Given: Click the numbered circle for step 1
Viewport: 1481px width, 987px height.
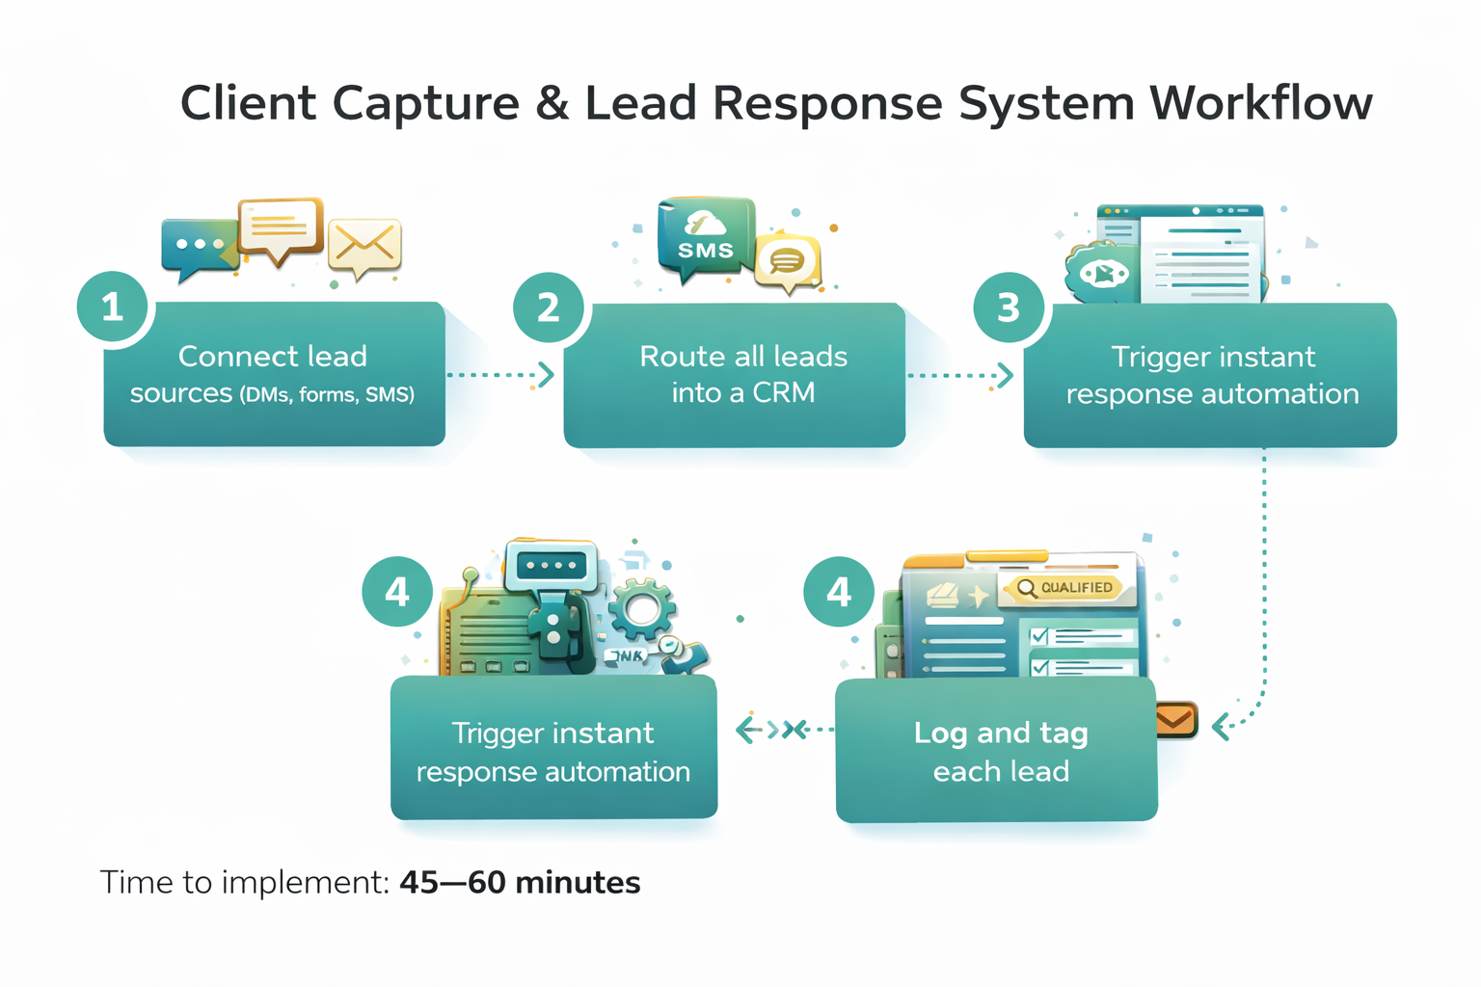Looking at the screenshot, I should coord(113,307).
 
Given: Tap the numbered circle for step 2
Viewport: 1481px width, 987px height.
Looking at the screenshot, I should coord(548,307).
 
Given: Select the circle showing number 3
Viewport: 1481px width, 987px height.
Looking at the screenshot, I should coord(1008,307).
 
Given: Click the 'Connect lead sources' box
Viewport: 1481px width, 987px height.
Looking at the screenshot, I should coord(274,374).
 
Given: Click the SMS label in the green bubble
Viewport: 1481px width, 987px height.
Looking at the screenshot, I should coord(706,251).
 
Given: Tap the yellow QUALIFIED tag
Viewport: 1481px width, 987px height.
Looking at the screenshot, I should coord(1066,587).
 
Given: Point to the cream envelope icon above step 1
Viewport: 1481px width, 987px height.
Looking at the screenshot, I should coord(364,245).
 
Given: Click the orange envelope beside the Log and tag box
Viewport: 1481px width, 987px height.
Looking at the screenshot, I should coord(1175,719).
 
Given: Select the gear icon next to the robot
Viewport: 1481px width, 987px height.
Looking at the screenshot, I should coord(641,608).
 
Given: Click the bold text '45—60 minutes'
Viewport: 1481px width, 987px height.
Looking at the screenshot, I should coord(520,882).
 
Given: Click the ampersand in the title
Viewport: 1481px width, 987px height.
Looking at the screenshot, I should coord(552,103).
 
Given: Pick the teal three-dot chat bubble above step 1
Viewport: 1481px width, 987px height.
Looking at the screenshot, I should coord(199,246).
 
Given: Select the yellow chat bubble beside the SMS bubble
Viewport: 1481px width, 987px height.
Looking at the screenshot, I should coord(788,260).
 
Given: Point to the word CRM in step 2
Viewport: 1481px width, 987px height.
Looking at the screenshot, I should coord(783,392).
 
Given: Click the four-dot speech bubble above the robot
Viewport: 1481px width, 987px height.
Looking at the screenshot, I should coord(552,565).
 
